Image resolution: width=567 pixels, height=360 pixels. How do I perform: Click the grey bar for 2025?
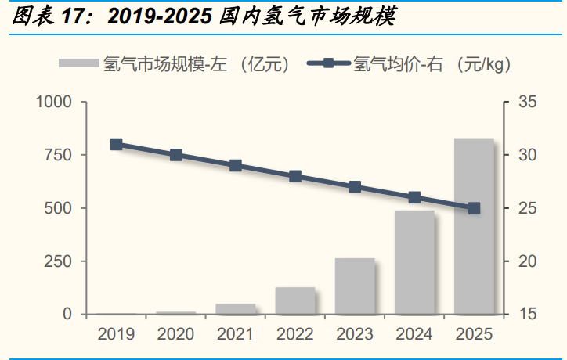pos(474,226)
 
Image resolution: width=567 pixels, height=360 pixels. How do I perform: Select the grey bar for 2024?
pos(414,262)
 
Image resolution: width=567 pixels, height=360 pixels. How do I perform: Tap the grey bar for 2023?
pos(355,286)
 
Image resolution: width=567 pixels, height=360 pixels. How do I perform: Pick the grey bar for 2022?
pos(295,301)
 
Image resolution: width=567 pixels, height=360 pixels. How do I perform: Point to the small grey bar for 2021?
pos(236,309)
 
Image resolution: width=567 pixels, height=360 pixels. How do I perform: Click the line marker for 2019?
pos(117,144)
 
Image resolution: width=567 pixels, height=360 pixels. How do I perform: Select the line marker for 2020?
pos(176,155)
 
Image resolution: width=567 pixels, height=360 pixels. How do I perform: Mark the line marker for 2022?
pos(295,176)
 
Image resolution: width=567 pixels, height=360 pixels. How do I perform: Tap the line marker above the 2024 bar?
pos(414,197)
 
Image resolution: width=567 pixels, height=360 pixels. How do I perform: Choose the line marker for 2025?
pos(474,208)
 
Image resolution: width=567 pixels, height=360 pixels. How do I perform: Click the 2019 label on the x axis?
pos(117,334)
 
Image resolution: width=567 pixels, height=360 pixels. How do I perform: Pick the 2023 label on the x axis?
pos(355,334)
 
